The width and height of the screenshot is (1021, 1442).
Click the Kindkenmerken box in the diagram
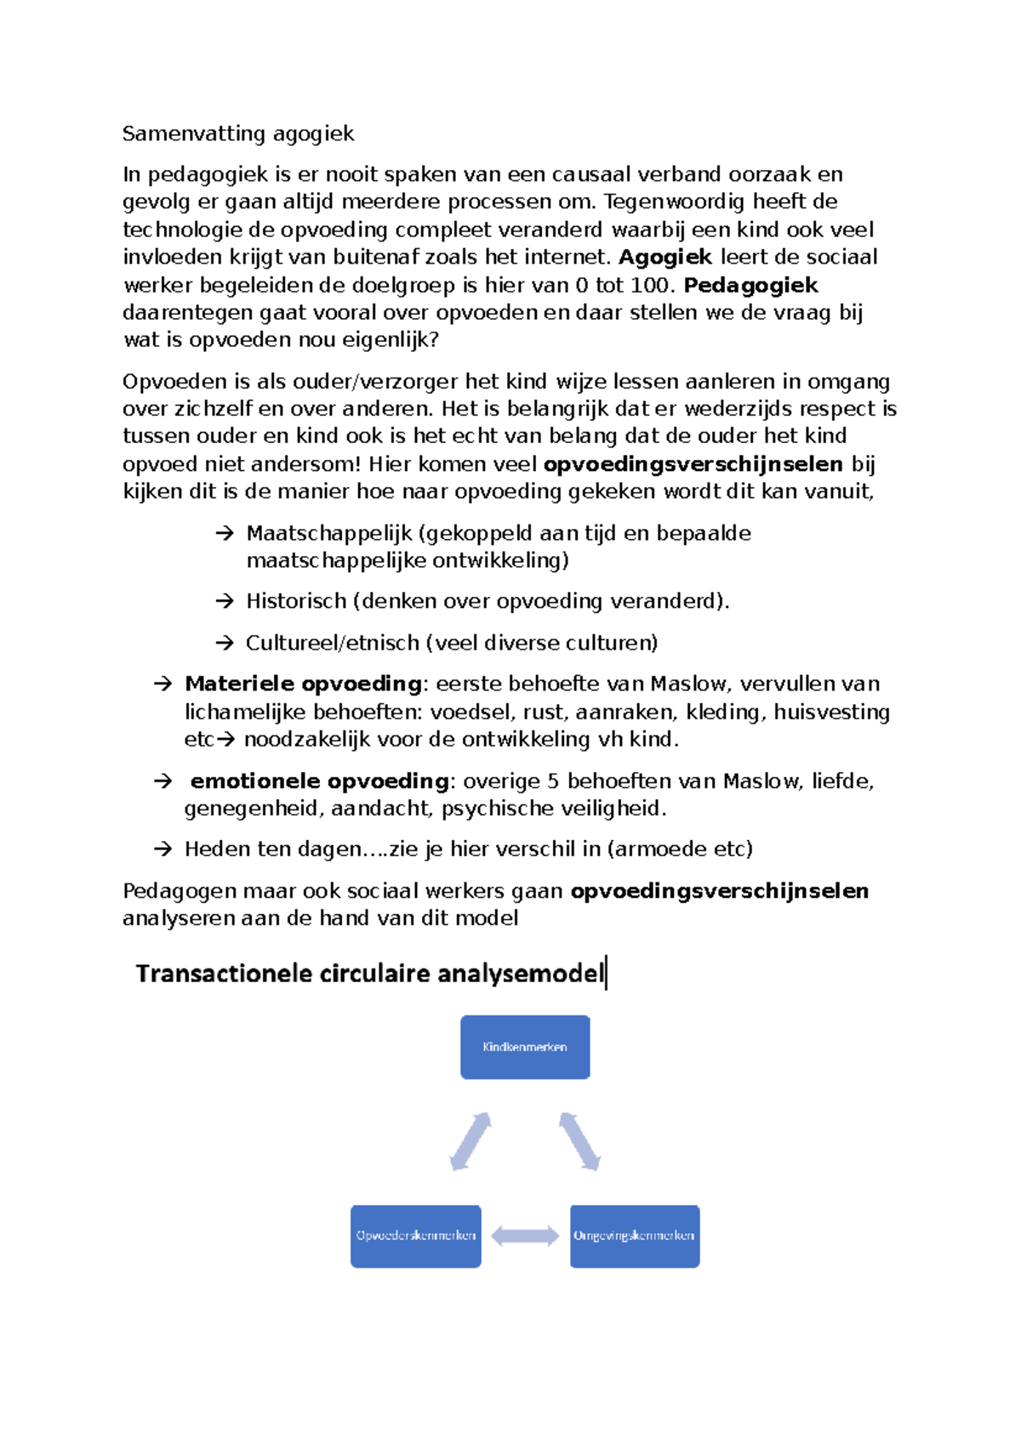(x=525, y=1047)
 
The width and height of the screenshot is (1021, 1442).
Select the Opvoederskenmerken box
(x=415, y=1235)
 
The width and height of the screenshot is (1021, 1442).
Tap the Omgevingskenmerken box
(x=634, y=1235)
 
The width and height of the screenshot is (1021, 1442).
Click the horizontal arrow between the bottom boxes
(x=525, y=1235)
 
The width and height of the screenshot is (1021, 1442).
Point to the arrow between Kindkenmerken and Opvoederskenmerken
(x=471, y=1141)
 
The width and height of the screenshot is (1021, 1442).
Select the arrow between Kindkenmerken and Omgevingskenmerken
(x=579, y=1141)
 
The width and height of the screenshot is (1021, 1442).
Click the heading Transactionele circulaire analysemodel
(x=369, y=973)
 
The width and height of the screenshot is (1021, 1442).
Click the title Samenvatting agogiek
(x=237, y=133)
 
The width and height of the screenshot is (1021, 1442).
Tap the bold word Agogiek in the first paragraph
(x=665, y=257)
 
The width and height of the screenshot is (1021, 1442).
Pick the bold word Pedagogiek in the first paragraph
(x=750, y=285)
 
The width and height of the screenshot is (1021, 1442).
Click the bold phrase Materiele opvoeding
(x=303, y=684)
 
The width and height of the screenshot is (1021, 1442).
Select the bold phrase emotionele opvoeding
(x=319, y=781)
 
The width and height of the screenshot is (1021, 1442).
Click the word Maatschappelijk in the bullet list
(x=328, y=533)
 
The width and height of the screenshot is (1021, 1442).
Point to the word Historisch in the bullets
(x=296, y=601)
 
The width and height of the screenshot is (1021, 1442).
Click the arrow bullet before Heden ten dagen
(x=163, y=849)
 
